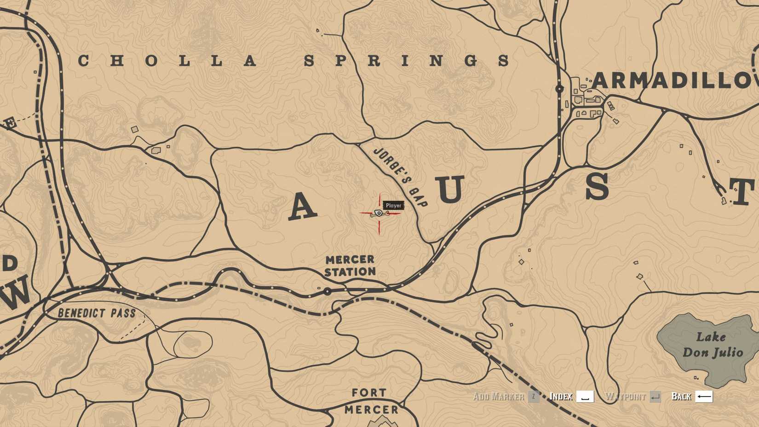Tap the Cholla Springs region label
coord(294,60)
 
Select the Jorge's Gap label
coord(400,177)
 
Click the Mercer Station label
coord(350,265)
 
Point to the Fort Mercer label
coord(371,401)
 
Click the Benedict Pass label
coord(97,314)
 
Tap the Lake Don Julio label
coord(712,345)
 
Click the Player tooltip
coord(393,205)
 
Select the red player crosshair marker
coord(379,213)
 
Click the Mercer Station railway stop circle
coord(328,291)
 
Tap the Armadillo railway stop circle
coord(559,89)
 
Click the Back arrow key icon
coord(704,396)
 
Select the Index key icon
coord(585,397)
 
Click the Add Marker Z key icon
coord(534,397)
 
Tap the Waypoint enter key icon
coord(655,397)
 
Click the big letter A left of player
coord(302,206)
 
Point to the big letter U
coord(451,189)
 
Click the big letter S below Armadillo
coord(597,187)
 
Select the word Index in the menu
coord(561,397)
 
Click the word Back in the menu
coord(681,397)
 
